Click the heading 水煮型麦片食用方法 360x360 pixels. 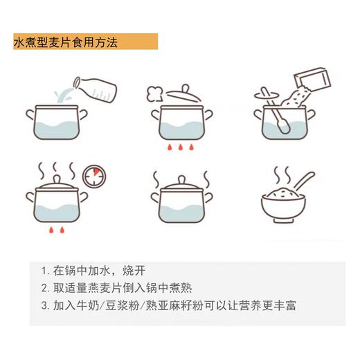tap(66, 42)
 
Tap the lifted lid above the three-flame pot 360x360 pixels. tap(178, 91)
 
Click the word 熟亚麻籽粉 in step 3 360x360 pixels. tap(168, 305)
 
